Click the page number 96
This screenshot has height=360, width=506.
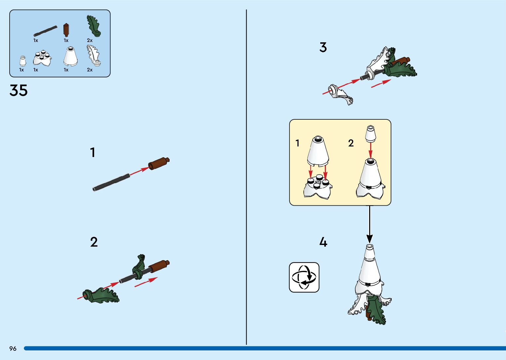click(13, 348)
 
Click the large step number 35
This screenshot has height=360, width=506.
click(19, 90)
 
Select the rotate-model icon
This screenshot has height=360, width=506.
click(304, 277)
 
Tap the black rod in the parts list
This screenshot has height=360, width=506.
click(45, 31)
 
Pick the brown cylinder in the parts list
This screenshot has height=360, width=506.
click(66, 30)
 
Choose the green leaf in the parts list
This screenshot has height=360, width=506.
click(94, 26)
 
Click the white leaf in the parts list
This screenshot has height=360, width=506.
click(94, 55)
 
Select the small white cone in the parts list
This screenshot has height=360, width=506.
click(22, 61)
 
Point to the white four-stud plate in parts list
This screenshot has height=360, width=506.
click(42, 58)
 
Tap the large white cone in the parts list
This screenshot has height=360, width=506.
click(71, 57)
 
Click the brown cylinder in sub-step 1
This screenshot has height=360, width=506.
click(159, 163)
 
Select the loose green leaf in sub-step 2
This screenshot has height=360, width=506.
click(101, 295)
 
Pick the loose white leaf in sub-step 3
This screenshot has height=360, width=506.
click(341, 95)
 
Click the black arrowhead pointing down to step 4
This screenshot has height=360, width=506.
click(370, 239)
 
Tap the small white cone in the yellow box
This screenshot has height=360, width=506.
click(371, 134)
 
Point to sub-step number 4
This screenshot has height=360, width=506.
click(323, 242)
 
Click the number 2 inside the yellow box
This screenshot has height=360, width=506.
click(351, 143)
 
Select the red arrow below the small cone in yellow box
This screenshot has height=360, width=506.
click(370, 150)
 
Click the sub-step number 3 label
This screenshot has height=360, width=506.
click(323, 48)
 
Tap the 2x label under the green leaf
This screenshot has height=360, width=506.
click(90, 40)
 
